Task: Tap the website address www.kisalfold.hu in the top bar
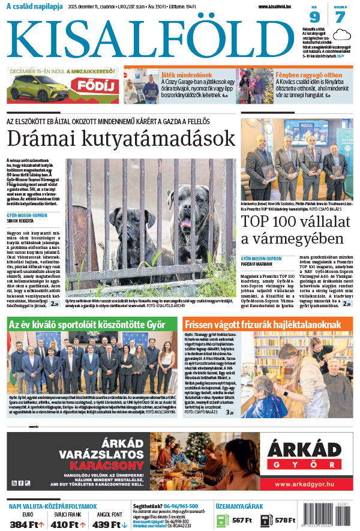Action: coord(279,7)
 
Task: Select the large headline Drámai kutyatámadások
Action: coord(121,138)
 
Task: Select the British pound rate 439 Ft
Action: coord(110,524)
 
